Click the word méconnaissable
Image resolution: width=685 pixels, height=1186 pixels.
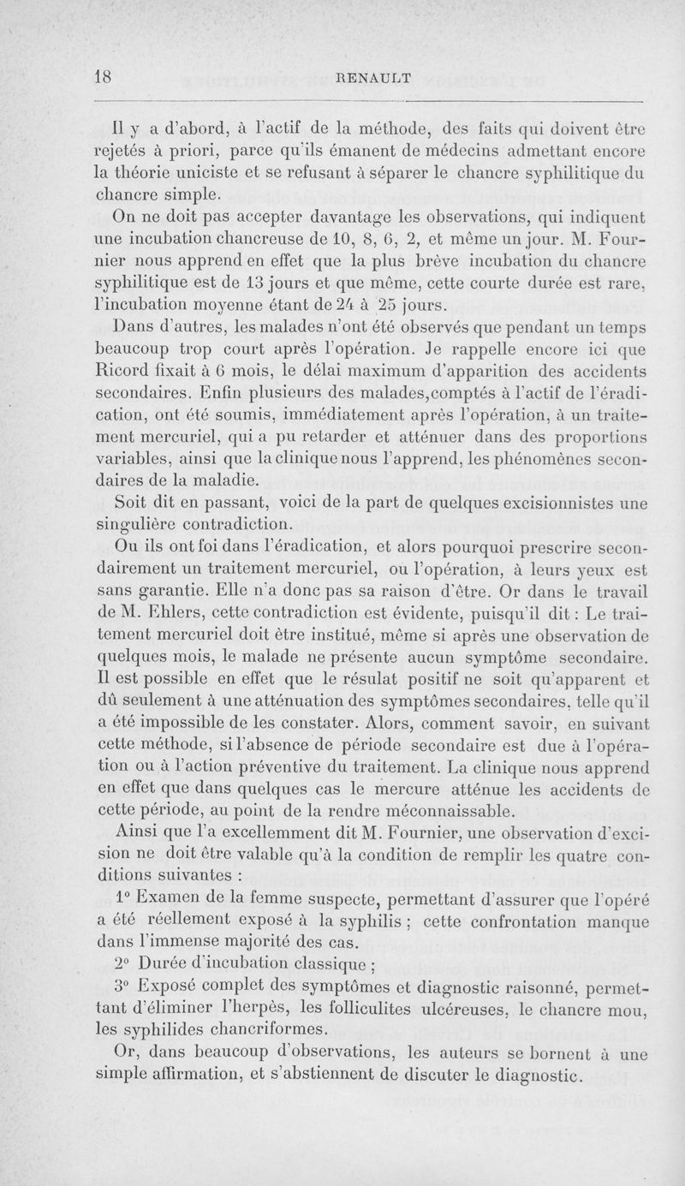tap(456, 810)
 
